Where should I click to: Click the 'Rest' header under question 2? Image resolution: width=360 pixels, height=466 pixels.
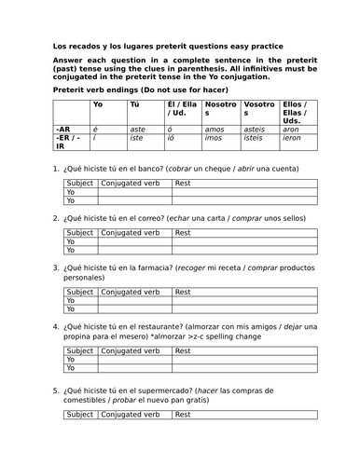point(184,232)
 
